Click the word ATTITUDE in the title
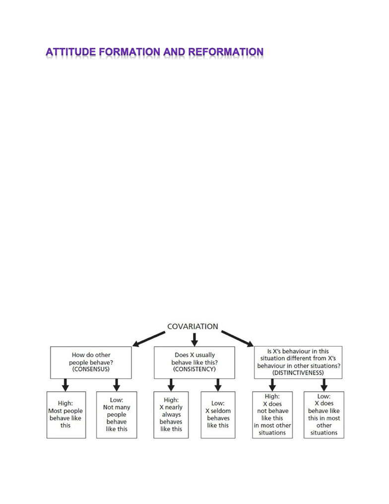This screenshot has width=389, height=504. coord(70,52)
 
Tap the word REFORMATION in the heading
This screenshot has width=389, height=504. coord(226,52)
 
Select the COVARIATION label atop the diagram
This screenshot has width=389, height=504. coord(193,326)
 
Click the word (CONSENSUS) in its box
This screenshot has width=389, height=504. coord(91,369)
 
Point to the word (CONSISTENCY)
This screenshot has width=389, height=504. coord(194,369)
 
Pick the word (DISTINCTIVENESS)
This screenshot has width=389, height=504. coord(298,373)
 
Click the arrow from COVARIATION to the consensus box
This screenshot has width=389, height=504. coord(149,339)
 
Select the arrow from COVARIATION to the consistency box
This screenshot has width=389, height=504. coord(194,340)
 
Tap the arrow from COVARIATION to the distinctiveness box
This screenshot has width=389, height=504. coord(238,339)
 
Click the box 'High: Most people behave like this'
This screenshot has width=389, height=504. coord(66,415)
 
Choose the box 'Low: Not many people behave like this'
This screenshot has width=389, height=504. coord(117,415)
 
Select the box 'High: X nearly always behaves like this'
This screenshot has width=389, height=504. coord(171,415)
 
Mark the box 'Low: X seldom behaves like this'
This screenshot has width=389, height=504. coord(218,415)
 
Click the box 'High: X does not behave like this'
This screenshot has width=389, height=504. coord(272,415)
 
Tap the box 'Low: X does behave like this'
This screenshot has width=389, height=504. coord(324,415)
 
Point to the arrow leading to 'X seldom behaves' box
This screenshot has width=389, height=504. coord(218,385)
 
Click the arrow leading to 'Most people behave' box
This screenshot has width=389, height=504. coord(65,385)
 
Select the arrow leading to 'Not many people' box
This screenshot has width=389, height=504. coord(117,385)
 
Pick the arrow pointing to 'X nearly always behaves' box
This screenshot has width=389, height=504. coord(171,385)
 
